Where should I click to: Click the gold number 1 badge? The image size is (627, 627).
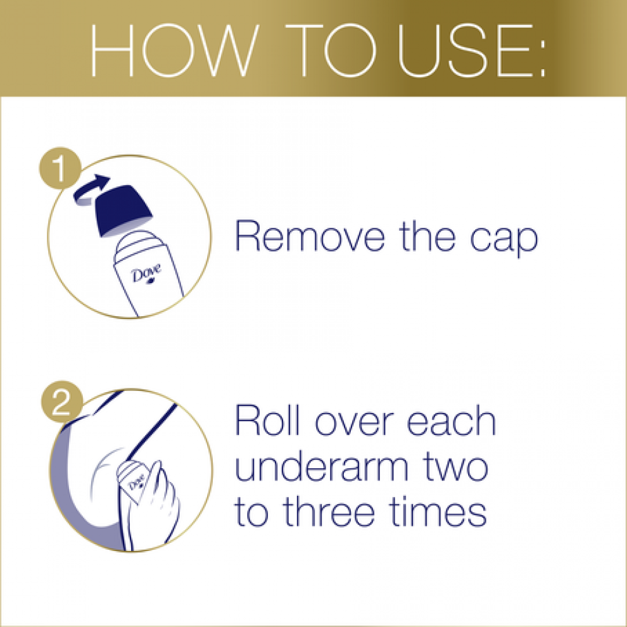point(60,168)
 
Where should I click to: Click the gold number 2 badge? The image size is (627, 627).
point(62,402)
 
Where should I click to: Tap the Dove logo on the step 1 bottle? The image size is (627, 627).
point(147,274)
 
